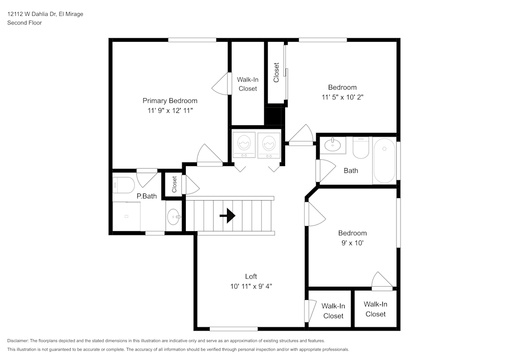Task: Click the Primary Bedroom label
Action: (169, 101)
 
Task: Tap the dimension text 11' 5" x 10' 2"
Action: (342, 97)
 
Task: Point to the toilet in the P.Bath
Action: (124, 184)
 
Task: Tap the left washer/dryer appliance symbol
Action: (244, 144)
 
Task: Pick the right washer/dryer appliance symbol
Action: (269, 144)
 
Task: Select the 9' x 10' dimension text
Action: (352, 243)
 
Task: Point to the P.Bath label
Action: (147, 196)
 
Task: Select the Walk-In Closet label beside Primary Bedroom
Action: (248, 84)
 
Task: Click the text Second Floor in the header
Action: (24, 23)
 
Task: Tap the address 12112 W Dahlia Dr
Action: (32, 14)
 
